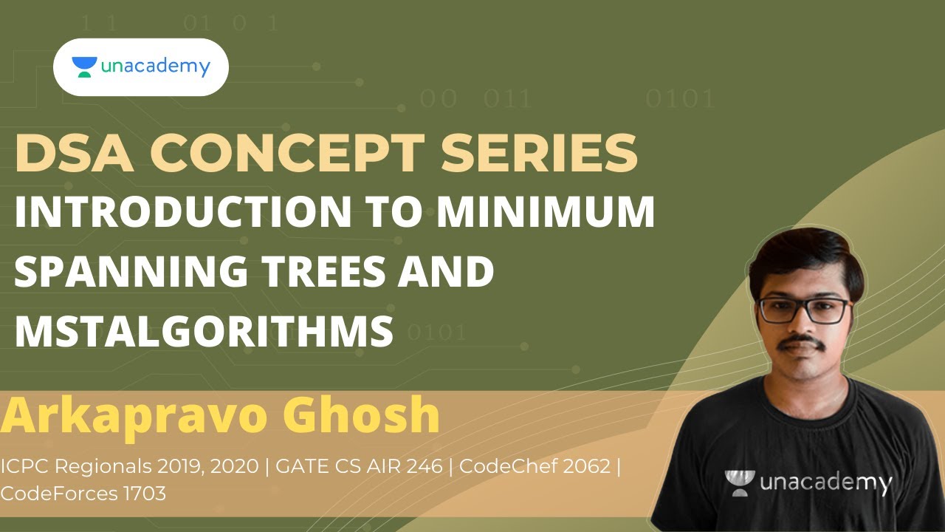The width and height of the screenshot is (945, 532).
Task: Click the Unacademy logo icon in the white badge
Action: [84, 67]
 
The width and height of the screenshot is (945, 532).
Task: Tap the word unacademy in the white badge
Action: [155, 67]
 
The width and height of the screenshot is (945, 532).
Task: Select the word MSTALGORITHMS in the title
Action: [204, 330]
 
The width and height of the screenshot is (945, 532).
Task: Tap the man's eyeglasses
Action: [805, 309]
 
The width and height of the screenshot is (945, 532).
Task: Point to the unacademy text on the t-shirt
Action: [827, 483]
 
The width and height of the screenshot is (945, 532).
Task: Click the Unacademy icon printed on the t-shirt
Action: [740, 482]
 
